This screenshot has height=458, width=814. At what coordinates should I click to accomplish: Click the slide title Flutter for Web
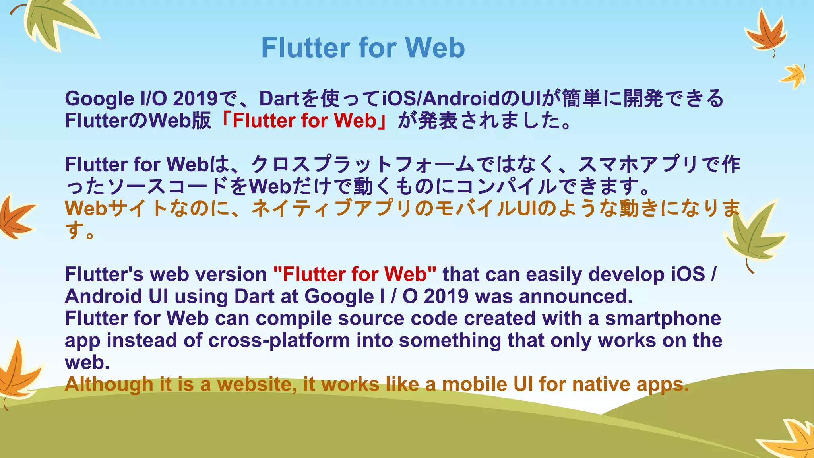click(x=362, y=48)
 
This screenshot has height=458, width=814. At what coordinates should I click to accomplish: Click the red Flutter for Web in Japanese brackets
click(x=304, y=121)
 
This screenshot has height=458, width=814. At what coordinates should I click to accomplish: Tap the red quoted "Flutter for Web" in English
click(x=355, y=274)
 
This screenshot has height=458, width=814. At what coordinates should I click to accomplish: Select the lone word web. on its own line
click(x=87, y=362)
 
